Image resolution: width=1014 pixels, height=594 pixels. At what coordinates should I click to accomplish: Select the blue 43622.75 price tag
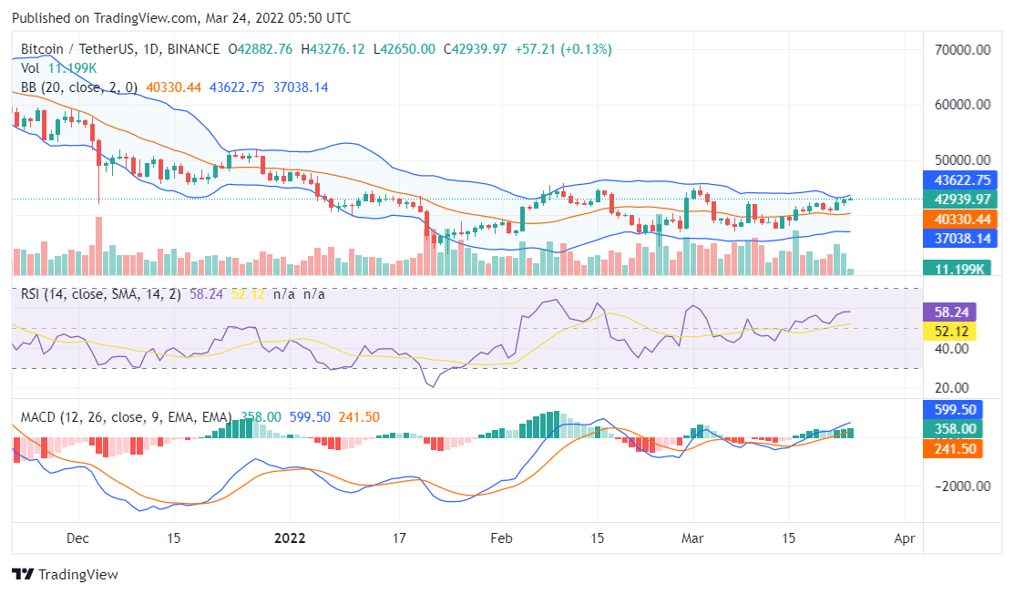pos(957,180)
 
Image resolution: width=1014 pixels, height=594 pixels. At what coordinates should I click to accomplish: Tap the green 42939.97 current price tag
pos(957,200)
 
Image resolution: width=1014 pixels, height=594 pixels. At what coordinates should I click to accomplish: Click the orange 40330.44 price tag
pos(957,219)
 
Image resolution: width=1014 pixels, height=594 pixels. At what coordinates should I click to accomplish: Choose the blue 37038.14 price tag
pos(957,238)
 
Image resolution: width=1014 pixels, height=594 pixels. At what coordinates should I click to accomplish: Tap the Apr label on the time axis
pos(904,538)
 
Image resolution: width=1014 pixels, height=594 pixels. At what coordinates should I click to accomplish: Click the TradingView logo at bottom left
pos(65,574)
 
